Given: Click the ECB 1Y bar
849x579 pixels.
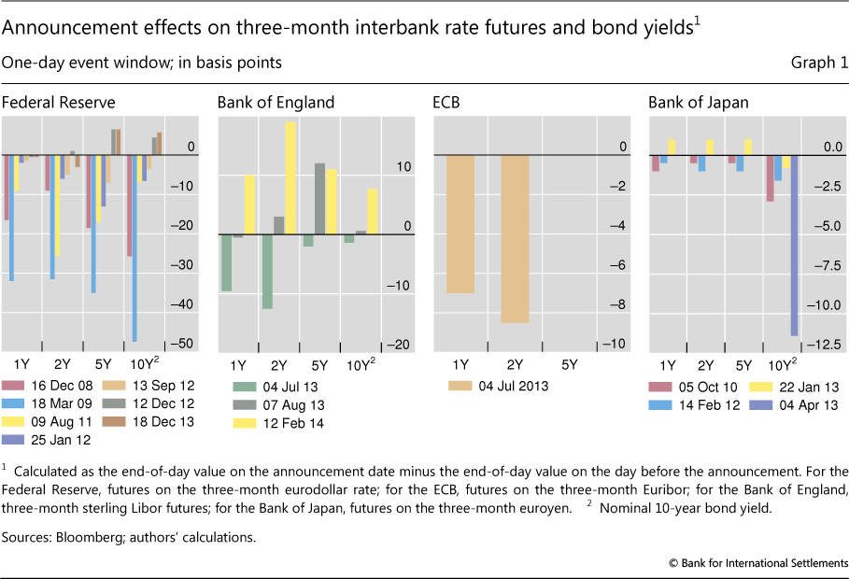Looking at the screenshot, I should (x=460, y=224).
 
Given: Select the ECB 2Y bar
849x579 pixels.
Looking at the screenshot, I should (x=515, y=239).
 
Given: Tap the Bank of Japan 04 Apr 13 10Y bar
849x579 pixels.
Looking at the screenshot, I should (x=795, y=245).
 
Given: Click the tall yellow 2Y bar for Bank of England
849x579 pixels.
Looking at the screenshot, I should (x=290, y=177).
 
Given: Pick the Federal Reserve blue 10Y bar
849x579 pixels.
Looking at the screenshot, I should (x=134, y=247).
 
